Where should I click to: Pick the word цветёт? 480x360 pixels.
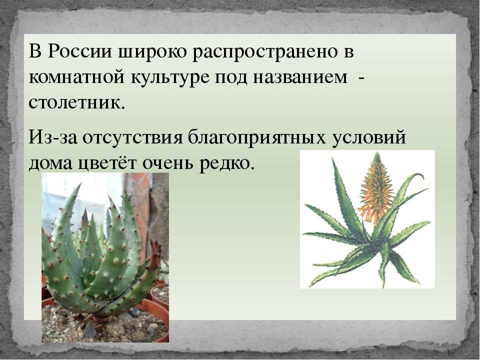point(107,164)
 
